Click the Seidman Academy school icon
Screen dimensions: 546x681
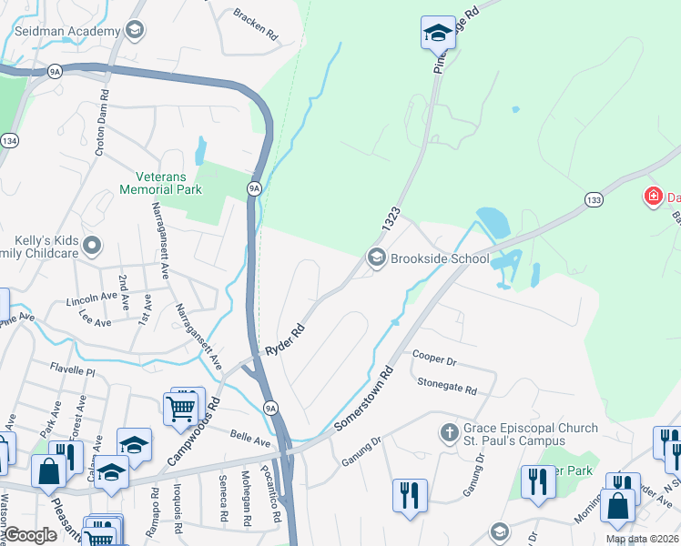(x=135, y=31)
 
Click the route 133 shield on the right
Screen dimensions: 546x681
(x=594, y=198)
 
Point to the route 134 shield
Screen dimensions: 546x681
(x=10, y=140)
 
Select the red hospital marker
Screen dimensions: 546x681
(x=652, y=196)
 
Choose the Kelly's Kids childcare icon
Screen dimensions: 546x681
(x=92, y=245)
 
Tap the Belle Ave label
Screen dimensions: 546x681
(x=250, y=440)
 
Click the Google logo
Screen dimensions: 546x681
(x=31, y=535)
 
